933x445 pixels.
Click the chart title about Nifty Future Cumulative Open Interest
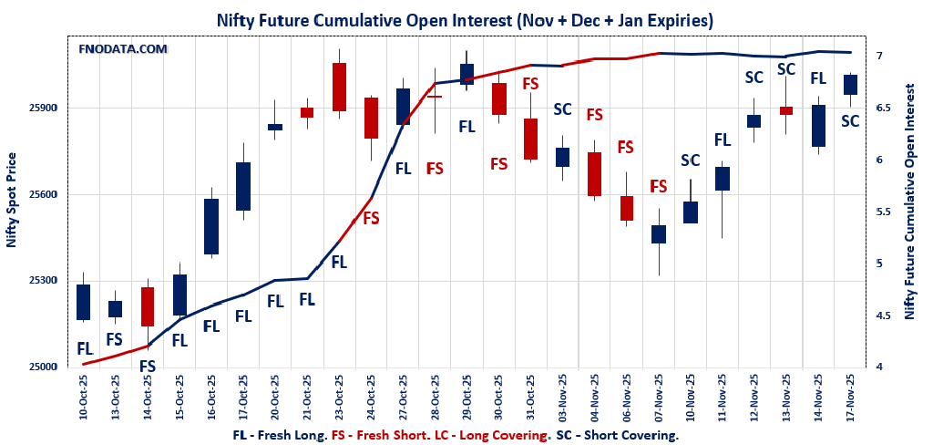point(464,19)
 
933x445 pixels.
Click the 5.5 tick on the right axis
point(882,212)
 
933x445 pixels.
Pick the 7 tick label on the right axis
point(879,56)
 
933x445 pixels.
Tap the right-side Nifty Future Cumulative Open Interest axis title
point(908,201)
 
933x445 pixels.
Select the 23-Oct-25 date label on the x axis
point(339,397)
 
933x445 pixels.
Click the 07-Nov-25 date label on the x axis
point(658,397)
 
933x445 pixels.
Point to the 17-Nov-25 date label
point(849,397)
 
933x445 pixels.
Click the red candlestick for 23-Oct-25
point(339,87)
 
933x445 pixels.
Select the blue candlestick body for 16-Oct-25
point(211,226)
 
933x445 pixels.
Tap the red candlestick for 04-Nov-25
point(594,173)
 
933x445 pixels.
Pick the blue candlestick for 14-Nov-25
point(817,126)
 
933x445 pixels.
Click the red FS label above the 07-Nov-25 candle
point(658,187)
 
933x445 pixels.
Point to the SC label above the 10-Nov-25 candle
point(690,160)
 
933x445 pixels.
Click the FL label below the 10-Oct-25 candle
point(84,348)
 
